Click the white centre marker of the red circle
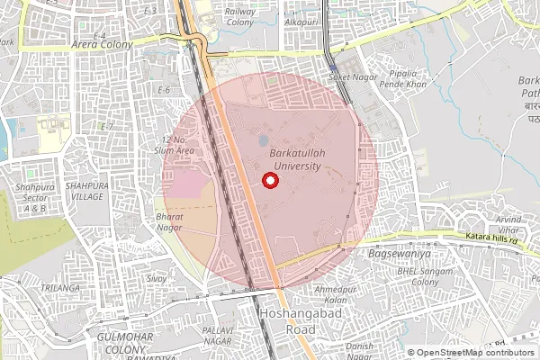click(270, 181)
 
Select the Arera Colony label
click(103, 44)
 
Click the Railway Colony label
click(240, 15)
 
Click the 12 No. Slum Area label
click(178, 145)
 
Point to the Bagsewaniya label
click(398, 254)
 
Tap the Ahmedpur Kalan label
click(330, 293)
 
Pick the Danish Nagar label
click(361, 350)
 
